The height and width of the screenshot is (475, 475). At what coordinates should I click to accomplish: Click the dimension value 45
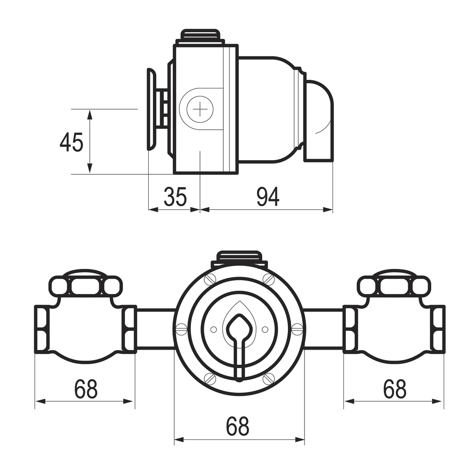72,142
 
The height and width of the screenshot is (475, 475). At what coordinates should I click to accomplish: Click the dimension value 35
175,197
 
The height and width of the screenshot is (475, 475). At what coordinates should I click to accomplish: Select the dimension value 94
268,197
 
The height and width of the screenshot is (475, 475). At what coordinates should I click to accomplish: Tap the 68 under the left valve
85,389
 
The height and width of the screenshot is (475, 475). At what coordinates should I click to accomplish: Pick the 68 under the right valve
395,389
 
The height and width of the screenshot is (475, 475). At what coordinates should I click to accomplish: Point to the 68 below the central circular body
237,427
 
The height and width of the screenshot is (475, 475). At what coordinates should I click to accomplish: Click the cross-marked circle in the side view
200,109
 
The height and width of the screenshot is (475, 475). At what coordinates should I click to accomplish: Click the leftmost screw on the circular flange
181,327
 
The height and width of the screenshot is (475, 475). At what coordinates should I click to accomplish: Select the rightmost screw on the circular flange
297,327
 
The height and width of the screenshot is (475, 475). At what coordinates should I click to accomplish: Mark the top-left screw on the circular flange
210,279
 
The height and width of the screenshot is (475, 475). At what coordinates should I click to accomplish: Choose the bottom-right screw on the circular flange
268,378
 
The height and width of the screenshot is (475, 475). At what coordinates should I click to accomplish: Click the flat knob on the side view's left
151,109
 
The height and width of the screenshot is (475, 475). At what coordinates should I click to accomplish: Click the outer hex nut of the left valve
42,329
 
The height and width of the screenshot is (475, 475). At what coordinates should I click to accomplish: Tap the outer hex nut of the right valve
438,329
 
